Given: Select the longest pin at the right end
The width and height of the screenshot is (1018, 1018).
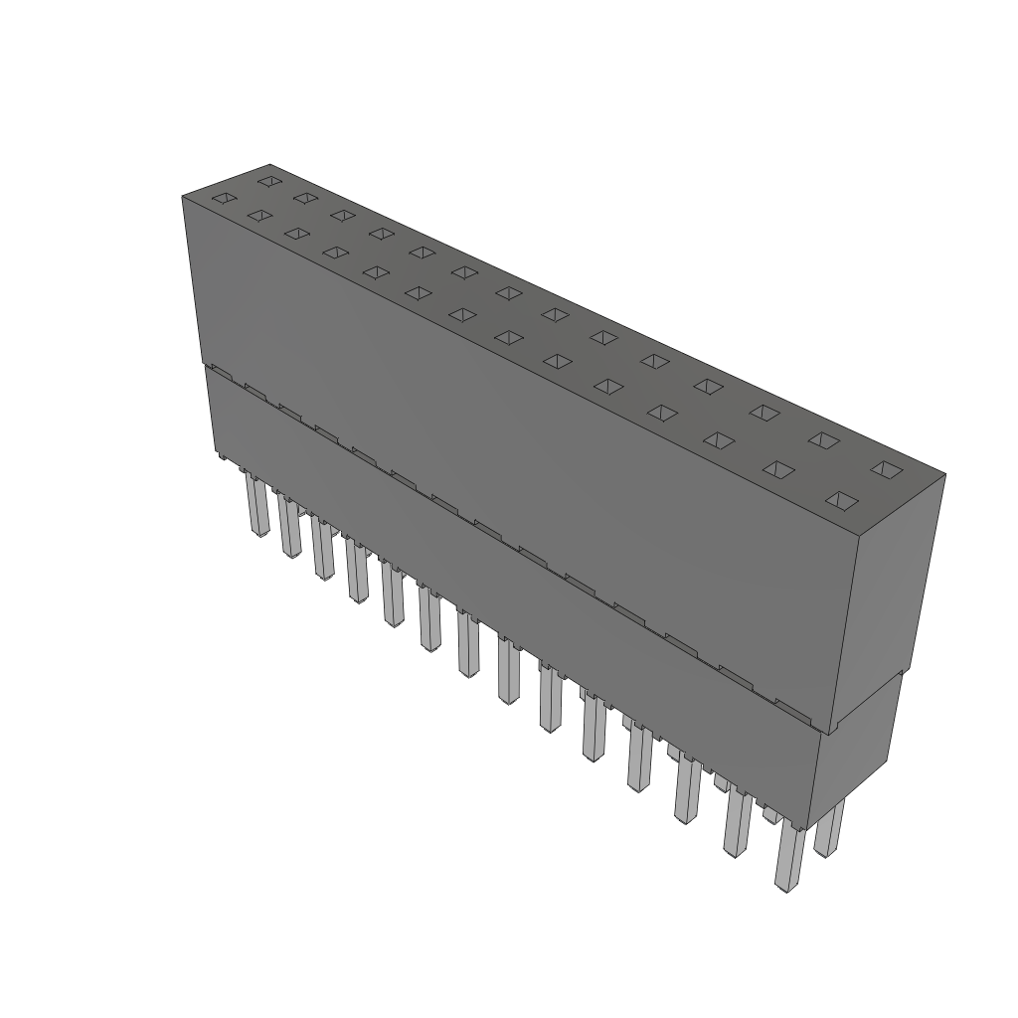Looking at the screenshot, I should point(788,859).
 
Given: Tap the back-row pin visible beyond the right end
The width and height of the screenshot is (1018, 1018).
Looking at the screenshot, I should point(829,829).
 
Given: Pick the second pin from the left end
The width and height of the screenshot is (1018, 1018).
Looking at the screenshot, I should point(289,527).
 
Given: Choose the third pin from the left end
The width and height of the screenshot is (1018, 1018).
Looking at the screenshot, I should point(322,548).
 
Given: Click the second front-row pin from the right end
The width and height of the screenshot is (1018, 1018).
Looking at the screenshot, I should point(738,823).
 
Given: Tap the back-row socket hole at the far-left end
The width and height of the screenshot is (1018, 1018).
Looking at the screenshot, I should point(268,181).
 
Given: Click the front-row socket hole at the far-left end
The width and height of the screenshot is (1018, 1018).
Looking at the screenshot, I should point(223,199).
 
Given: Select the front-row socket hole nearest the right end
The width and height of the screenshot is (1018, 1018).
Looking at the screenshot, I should point(841,499).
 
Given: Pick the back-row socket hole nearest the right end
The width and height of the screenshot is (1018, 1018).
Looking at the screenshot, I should point(884,467).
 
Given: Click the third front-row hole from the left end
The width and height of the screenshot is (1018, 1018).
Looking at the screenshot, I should point(295,233).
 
